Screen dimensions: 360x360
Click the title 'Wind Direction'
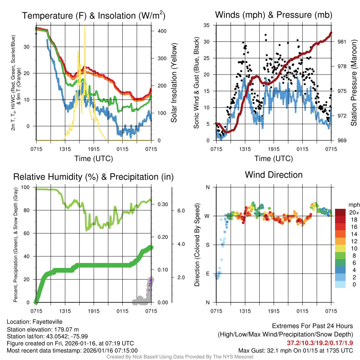point(274,175)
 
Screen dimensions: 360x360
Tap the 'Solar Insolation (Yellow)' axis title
point(174,83)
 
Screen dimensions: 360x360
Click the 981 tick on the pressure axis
point(341,41)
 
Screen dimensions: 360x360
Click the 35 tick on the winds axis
point(207,25)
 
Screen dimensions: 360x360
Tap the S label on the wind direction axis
point(207,245)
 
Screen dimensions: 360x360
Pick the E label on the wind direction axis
point(207,274)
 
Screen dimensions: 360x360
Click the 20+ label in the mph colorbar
point(354,213)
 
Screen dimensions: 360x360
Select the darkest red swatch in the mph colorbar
point(340,212)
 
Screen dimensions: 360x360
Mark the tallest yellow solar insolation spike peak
point(85,26)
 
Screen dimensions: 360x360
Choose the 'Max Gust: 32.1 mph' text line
point(295,351)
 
